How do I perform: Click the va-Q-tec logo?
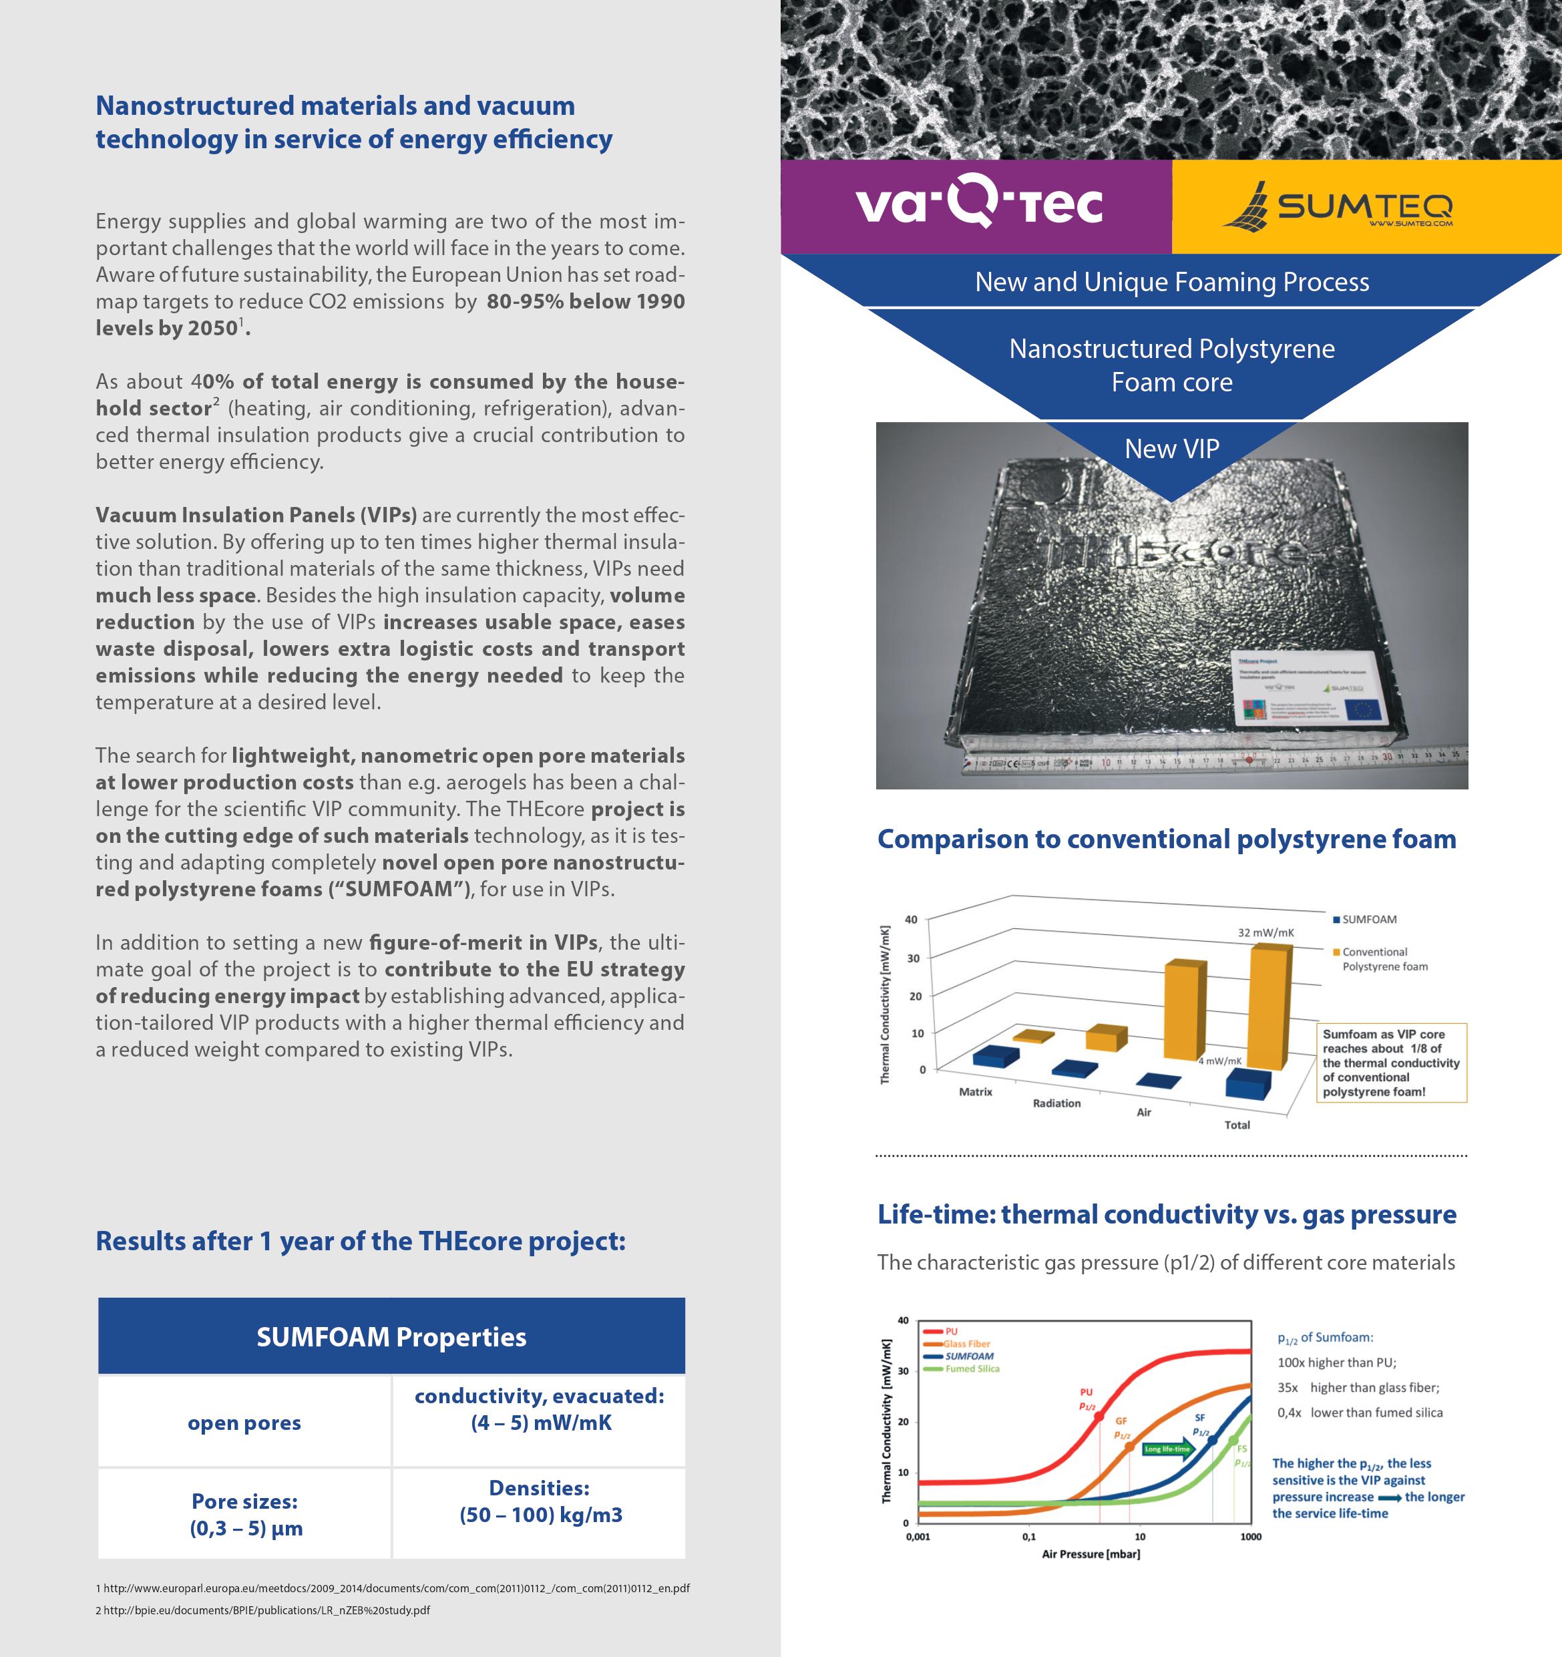[978, 204]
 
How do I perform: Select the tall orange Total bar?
[1270, 1007]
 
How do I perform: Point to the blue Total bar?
[1247, 1083]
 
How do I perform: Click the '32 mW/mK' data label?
[1265, 932]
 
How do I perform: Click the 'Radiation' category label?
[1056, 1103]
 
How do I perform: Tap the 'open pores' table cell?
[244, 1423]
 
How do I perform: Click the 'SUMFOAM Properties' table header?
[391, 1336]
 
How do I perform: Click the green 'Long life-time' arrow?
[1168, 1449]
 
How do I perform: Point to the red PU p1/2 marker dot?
[1099, 1416]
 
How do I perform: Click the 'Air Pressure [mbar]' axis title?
[1091, 1553]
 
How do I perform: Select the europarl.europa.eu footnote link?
[393, 1588]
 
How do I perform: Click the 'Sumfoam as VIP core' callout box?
[1391, 1063]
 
